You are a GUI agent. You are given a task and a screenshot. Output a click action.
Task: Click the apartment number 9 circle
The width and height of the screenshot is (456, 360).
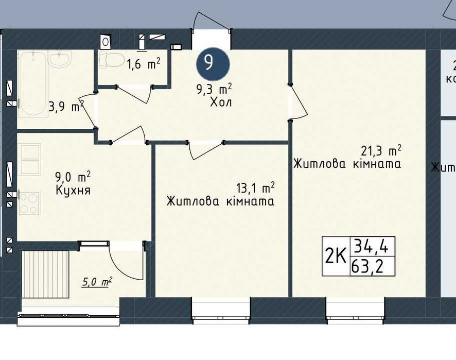pos(213,64)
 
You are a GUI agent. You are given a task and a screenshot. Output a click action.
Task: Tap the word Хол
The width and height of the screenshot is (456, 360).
pos(221,102)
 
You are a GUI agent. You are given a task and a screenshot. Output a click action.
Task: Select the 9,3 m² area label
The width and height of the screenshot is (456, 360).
pos(214,89)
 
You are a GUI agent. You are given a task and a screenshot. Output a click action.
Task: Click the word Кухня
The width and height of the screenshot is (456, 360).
pos(73,191)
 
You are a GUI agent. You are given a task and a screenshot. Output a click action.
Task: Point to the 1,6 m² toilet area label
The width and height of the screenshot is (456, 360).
pos(143,63)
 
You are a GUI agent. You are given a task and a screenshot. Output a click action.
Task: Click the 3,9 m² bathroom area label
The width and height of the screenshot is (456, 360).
pos(66,107)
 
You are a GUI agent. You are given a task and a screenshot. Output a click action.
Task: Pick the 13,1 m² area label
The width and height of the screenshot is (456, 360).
pos(256,188)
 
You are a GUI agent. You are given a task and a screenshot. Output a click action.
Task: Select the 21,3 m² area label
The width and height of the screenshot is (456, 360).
pos(381,150)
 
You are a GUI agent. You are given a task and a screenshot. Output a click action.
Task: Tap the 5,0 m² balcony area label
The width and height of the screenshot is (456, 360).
pos(97,282)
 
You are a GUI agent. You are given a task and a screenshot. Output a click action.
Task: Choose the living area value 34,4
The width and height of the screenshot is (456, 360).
pos(370,247)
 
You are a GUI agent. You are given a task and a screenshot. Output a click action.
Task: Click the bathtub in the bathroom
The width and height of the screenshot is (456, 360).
pos(32,84)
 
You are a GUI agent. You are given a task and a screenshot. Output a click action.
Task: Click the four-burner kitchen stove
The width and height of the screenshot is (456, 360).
pos(29,203)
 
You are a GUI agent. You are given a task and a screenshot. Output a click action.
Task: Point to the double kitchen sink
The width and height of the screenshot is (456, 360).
pos(29,160)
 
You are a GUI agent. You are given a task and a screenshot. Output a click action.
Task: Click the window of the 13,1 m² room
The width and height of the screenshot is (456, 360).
pos(221,310)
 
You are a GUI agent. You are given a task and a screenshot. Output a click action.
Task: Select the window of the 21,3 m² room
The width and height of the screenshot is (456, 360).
pos(355,310)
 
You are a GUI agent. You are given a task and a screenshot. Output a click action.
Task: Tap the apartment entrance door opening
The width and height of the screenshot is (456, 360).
pos(212,39)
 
